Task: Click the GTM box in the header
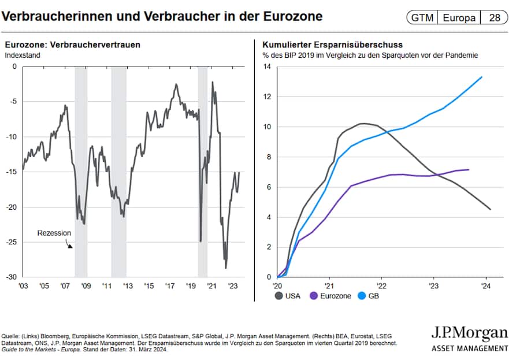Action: pos(422,17)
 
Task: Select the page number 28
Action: pos(495,17)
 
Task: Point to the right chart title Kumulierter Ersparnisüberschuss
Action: pos(332,44)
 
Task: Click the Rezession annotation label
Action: pos(54,233)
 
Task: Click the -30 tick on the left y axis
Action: pos(11,277)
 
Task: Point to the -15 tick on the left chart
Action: pos(11,172)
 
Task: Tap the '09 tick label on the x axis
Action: pos(86,286)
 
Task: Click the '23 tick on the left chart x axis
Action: pos(233,286)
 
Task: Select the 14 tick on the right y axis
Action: pos(266,66)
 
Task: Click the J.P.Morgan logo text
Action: pos(470,334)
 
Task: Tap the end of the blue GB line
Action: pos(482,77)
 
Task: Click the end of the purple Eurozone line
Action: pos(469,169)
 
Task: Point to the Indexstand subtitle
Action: pos(20,55)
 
